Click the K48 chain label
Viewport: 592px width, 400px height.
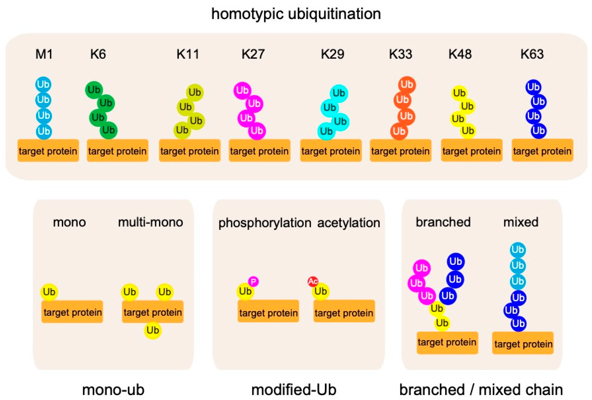460,54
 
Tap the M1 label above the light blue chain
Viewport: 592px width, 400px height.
44,54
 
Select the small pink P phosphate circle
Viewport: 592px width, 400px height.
253,281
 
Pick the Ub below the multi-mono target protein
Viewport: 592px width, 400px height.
153,330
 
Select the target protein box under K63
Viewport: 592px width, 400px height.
542,150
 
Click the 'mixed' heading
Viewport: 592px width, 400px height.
521,222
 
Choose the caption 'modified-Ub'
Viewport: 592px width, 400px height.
294,390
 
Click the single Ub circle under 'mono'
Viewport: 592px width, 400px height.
49,292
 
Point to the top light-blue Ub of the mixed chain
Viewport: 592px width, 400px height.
518,250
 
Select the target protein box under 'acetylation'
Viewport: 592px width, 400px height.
344,311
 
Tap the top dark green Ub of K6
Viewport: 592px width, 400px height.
94,90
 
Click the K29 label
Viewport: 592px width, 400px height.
332,54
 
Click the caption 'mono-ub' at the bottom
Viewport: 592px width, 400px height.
113,390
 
